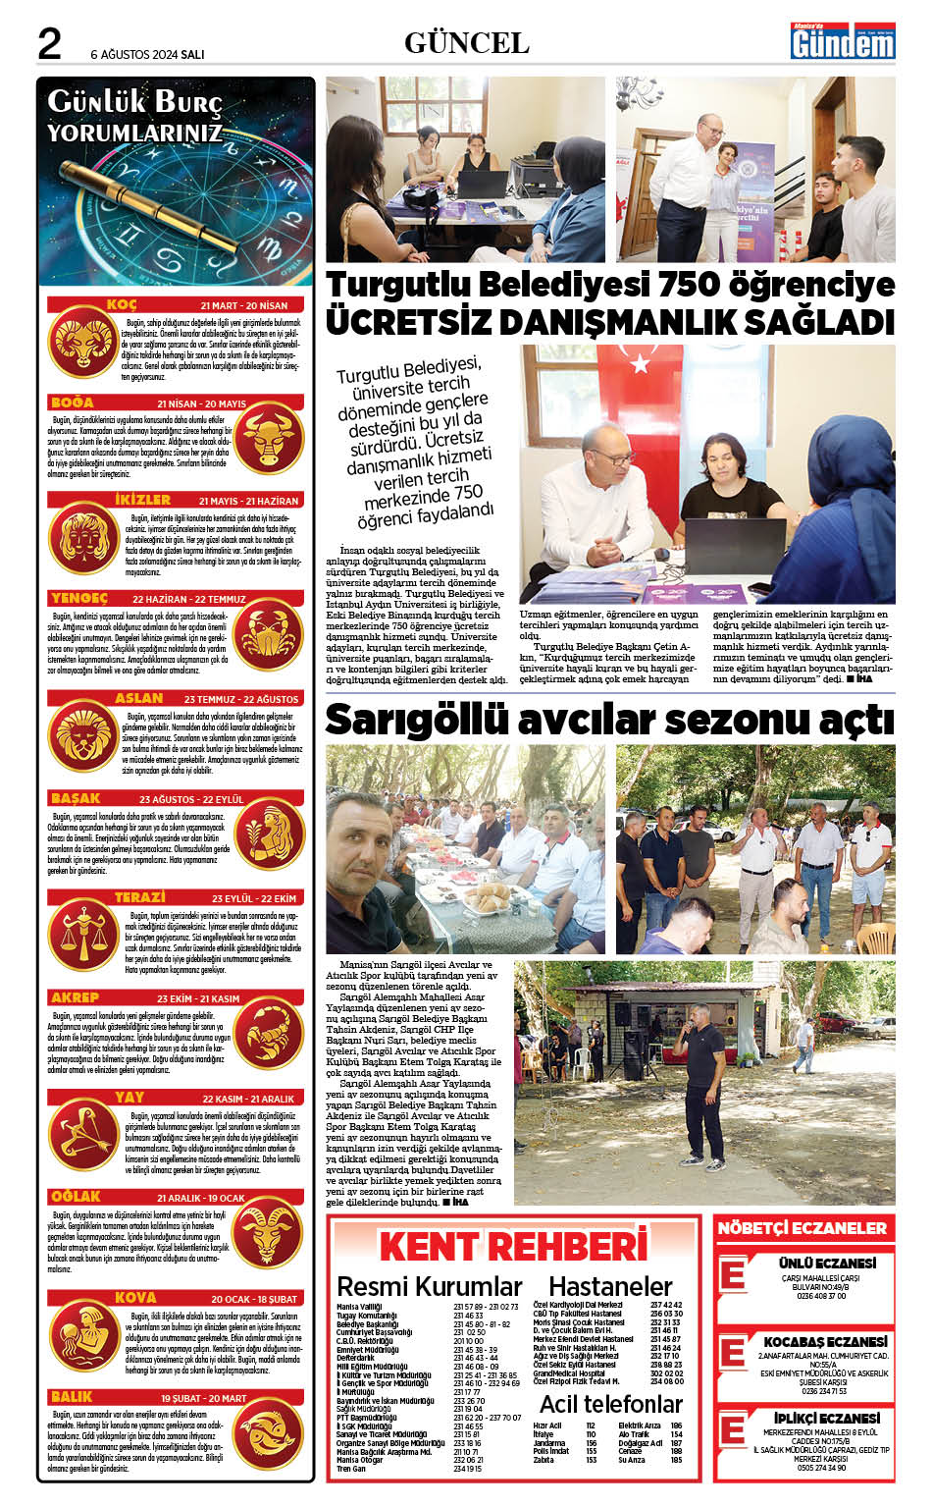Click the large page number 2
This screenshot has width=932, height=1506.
49,43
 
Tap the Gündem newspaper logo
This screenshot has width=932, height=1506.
843,42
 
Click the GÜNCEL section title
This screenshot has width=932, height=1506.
466,42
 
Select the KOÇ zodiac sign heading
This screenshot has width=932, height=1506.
122,305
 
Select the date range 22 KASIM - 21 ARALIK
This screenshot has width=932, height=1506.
248,1099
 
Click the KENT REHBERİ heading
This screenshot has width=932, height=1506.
513,1246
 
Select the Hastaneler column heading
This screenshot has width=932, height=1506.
609,1286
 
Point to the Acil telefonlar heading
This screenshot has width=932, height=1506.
610,1403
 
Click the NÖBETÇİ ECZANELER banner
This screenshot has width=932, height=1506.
803,1228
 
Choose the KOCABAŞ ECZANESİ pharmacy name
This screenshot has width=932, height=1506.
825,1341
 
